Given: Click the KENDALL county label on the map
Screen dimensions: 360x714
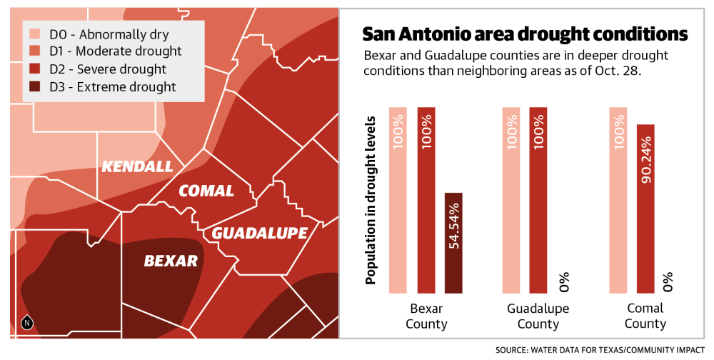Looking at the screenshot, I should pos(137,166).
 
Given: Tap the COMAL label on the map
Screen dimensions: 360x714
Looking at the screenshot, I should pos(206,191).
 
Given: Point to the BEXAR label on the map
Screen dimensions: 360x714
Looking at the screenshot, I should pos(171,261).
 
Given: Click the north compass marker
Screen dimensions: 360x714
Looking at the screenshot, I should pos(26,323).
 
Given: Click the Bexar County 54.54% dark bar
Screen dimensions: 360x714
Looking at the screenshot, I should pos(454,243).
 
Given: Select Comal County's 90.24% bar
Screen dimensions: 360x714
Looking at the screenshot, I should pos(645,209).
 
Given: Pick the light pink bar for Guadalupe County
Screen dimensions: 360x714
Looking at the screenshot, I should pos(511,200).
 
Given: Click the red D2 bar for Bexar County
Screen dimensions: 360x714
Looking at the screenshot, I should pos(426,200).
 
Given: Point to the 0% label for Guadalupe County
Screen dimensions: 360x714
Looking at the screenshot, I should pos(564,281).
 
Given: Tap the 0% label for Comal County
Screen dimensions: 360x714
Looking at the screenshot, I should pos(669,281).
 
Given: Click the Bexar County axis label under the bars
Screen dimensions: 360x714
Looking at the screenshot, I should pos(426,316).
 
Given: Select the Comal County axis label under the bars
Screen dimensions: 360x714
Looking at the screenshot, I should pos(645,316).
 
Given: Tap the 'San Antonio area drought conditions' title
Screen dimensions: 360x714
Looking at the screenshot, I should pos(525,35).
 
